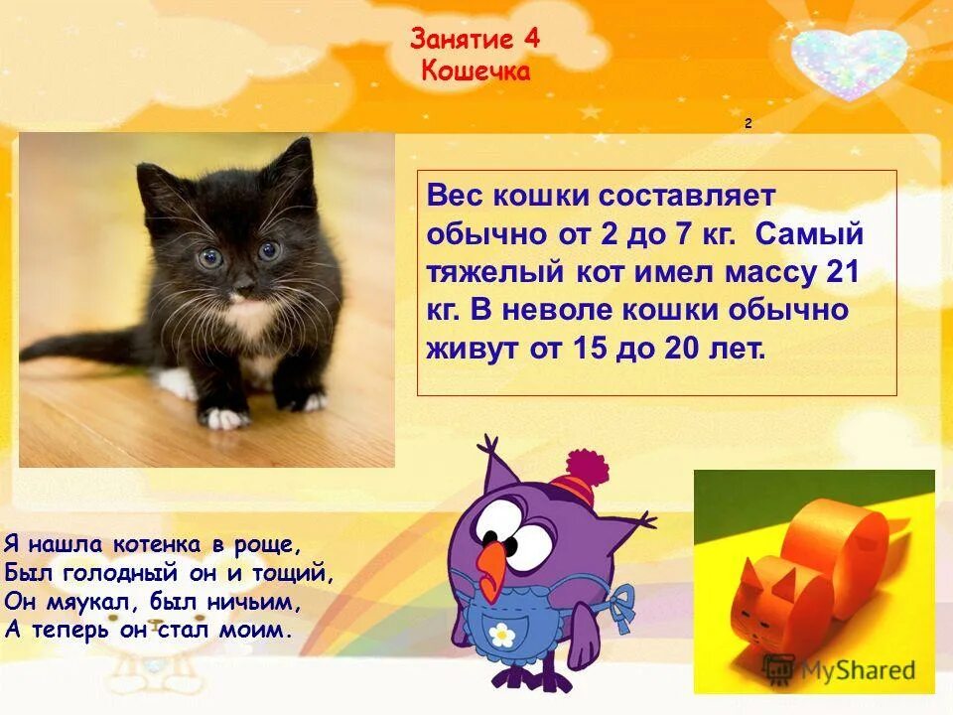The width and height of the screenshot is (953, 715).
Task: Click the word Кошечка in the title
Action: pos(476,71)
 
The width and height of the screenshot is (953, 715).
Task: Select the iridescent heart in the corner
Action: pos(850,59)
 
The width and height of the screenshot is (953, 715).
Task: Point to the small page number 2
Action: pos(748,124)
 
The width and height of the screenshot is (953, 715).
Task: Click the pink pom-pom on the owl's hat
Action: pos(586,466)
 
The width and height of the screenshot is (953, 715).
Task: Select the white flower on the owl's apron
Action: pos(503,633)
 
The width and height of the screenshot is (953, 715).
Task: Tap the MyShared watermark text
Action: pos(854,670)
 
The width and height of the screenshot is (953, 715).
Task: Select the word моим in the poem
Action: pos(258,629)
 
